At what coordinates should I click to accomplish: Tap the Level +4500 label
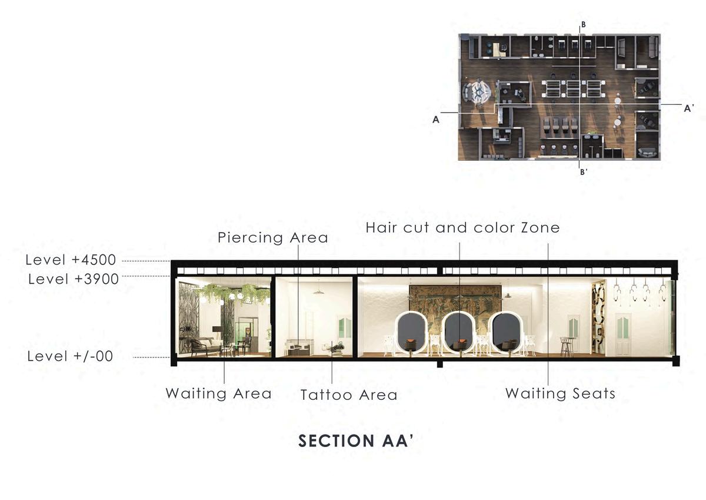tap(71, 260)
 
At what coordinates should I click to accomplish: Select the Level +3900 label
tap(74, 278)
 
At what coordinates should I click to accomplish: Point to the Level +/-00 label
tap(70, 356)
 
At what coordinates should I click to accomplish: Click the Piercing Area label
tap(272, 238)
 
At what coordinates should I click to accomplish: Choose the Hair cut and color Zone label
tap(462, 227)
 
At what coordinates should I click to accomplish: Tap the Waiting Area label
tap(218, 393)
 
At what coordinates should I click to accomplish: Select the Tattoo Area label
tap(349, 395)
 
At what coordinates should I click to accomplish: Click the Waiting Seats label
tap(560, 393)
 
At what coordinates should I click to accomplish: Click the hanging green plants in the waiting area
tap(227, 292)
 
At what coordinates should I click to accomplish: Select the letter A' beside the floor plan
tap(689, 108)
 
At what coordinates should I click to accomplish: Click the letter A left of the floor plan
tap(436, 119)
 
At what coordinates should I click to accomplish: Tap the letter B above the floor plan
tap(583, 25)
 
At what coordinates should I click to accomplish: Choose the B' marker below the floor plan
tap(584, 173)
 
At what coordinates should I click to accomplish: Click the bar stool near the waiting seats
tap(566, 346)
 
